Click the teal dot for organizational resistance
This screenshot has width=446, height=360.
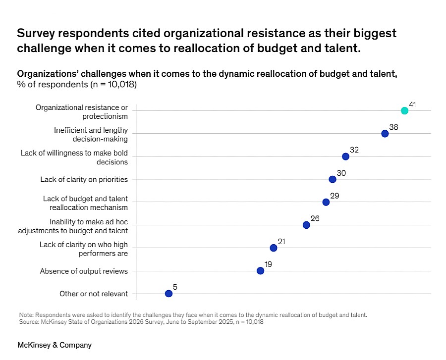[x=404, y=110]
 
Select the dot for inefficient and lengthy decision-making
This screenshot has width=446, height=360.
[x=385, y=134]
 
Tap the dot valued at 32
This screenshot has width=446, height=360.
[x=345, y=156]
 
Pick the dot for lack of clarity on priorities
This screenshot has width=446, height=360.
[x=333, y=179]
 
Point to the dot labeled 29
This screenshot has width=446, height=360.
[x=326, y=202]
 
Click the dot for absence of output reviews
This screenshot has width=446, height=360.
[x=260, y=271]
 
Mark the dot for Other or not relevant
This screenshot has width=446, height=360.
[x=168, y=294]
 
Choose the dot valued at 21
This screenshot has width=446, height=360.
[x=273, y=248]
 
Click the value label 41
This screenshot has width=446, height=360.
[x=412, y=104]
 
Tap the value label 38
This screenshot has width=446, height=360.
[x=393, y=127]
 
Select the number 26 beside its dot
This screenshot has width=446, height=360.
[x=315, y=218]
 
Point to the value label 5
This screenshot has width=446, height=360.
[x=175, y=287]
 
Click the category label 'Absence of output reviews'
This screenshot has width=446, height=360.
[x=84, y=271]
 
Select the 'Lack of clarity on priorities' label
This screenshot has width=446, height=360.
[x=84, y=179]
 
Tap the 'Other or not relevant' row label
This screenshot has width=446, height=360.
[x=94, y=294]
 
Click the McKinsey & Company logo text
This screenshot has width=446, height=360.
[x=55, y=345]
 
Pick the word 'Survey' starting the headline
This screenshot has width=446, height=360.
[x=37, y=33]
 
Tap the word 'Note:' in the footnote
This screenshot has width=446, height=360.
[x=27, y=315]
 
